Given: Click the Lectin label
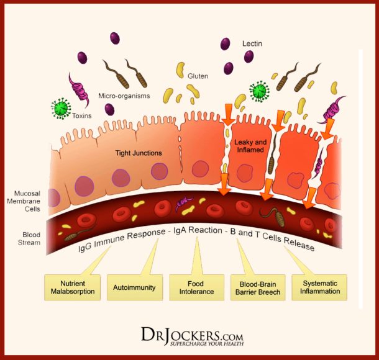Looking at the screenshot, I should (252, 45).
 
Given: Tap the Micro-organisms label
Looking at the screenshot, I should (124, 96).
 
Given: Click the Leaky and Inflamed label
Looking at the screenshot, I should (250, 146).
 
